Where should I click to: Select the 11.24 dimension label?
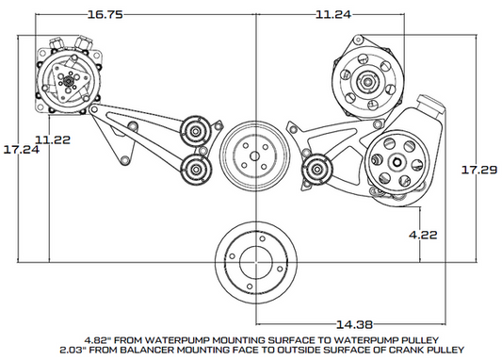(336, 15)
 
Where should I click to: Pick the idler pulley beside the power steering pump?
(315, 172)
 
